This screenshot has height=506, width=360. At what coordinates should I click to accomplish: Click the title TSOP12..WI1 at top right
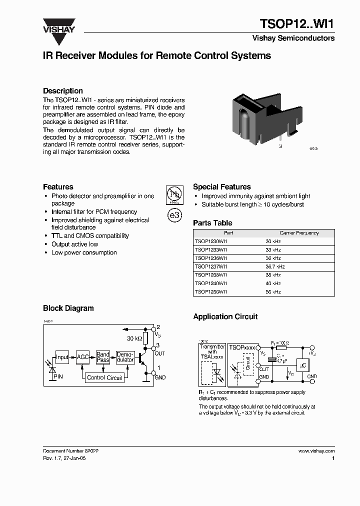coord(296,23)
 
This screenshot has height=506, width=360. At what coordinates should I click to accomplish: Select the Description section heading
coord(63,91)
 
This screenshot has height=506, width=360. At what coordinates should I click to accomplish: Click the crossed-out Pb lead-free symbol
coord(174,196)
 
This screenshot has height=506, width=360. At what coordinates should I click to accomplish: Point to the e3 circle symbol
coord(174,215)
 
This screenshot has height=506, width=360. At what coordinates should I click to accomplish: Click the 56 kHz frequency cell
coord(273,291)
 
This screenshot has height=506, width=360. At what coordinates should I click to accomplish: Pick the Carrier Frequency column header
coord(299,233)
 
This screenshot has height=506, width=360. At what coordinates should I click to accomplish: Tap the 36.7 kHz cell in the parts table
coord(274,267)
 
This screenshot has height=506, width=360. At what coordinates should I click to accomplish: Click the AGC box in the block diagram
coord(83,357)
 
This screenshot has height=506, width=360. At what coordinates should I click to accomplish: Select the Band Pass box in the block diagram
coord(103,357)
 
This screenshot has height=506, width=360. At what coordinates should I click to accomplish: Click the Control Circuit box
coord(104,378)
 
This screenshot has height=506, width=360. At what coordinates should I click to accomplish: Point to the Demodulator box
coord(125,357)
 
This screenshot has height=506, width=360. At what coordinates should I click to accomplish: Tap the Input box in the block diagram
coord(62,357)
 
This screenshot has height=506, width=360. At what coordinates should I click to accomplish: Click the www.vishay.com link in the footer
coord(316,450)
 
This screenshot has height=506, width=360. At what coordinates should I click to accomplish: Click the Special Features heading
coord(222,187)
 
